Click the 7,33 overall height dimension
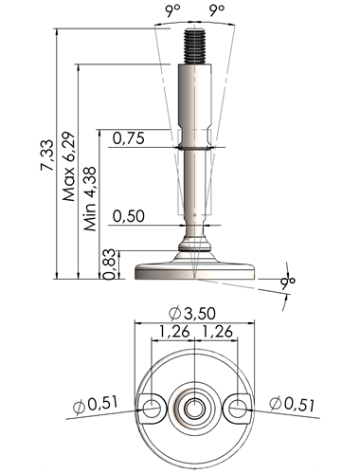(x=46, y=155)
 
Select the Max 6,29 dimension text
(x=68, y=167)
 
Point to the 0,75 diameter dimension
(x=129, y=138)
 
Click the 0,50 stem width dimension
(x=129, y=216)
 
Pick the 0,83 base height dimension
(x=109, y=264)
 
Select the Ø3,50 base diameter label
(x=192, y=314)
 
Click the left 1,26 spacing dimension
(x=174, y=332)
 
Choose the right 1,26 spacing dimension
(x=217, y=332)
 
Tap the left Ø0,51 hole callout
(x=96, y=405)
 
